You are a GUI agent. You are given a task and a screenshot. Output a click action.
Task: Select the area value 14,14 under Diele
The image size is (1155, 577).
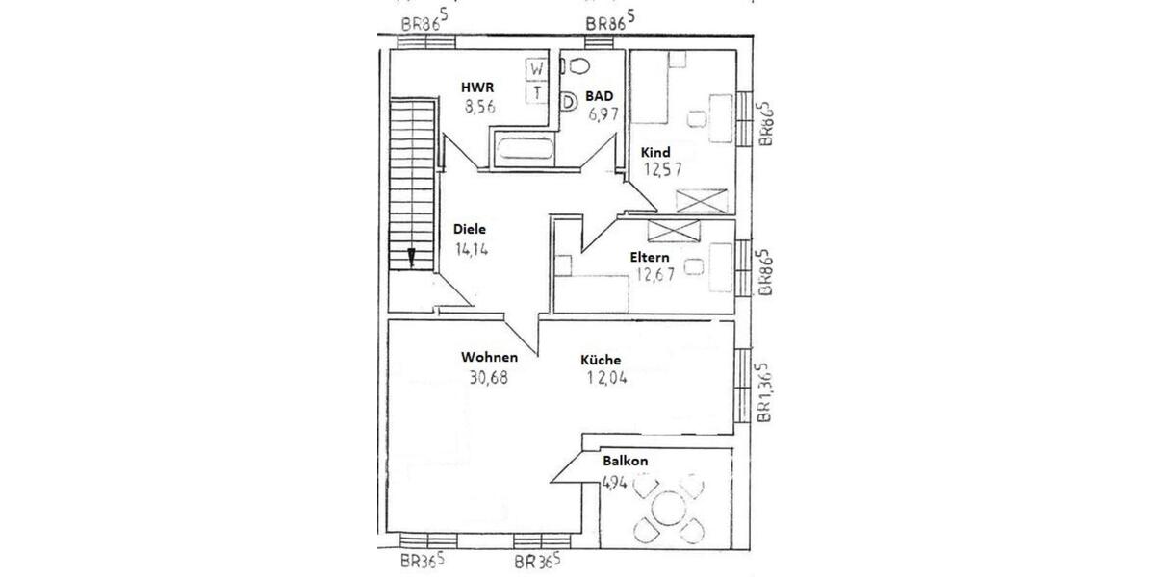pos(472,248)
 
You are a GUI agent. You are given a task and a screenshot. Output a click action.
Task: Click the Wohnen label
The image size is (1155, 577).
pos(489,358)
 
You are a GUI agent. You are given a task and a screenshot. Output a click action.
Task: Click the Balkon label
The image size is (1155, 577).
pos(625,462)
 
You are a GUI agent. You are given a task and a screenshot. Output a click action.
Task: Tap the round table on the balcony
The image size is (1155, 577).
pos(666,508)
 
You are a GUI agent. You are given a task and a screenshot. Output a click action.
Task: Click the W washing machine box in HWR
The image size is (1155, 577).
pos(537,69)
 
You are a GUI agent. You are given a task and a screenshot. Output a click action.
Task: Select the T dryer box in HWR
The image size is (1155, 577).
pos(537,92)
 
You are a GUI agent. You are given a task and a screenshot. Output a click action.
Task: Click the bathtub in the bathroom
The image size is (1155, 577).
pos(524,150)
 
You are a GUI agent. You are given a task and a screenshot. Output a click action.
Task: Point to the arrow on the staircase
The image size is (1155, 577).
pos(411,257)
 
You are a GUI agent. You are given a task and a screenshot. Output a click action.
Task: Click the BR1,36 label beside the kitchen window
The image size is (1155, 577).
pos(763,393)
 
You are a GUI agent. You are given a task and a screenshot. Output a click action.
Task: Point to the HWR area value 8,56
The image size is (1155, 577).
pos(479,108)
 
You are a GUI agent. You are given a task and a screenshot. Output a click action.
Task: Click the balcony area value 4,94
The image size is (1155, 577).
pos(615,483)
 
